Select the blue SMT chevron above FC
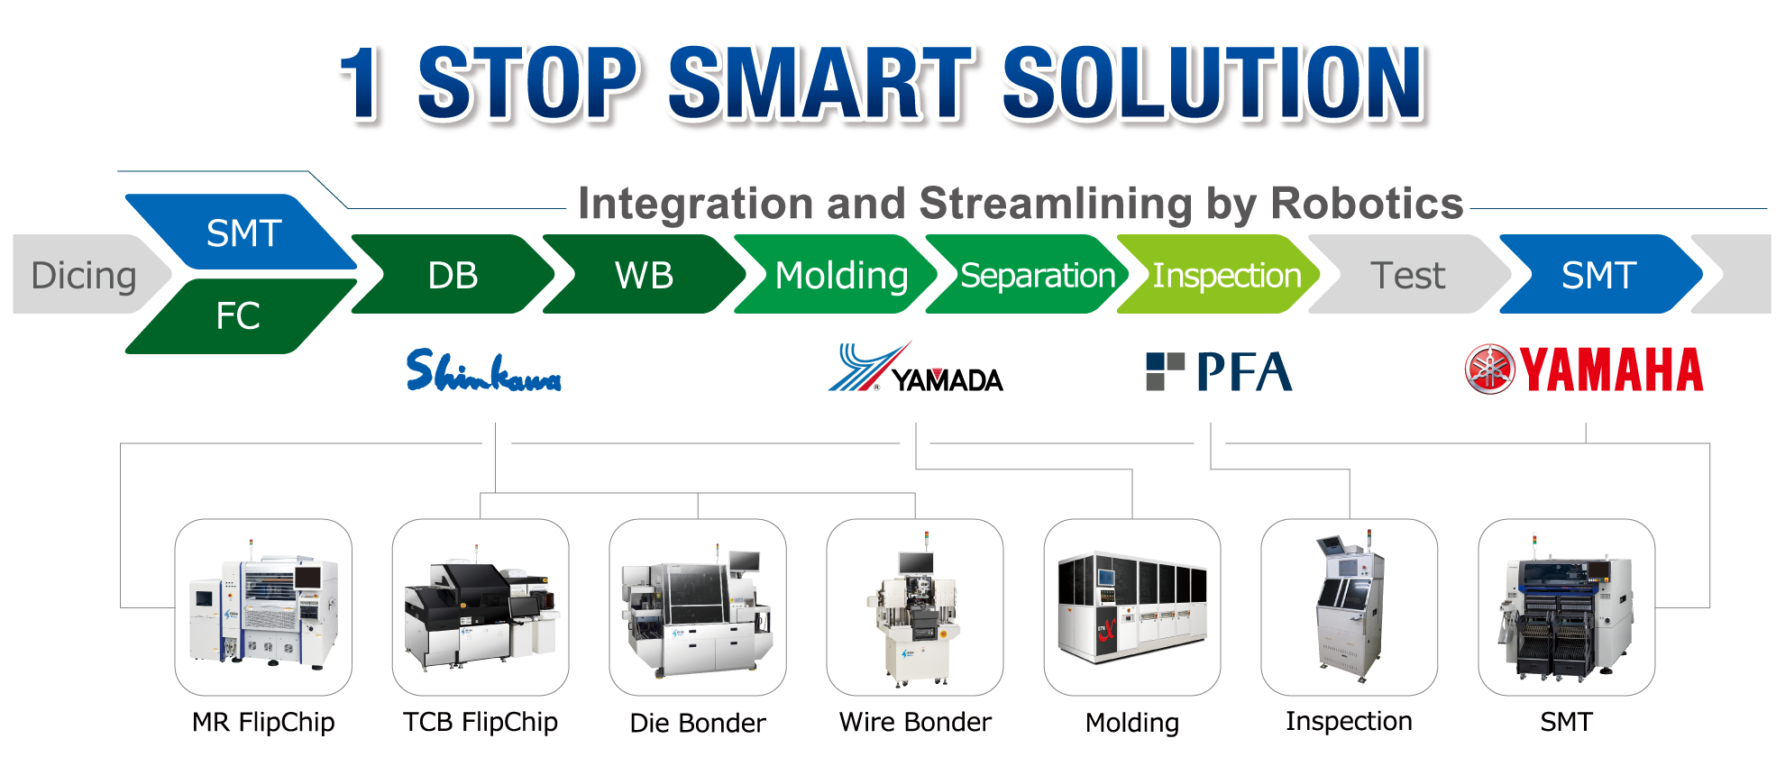coord(242,232)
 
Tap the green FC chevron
coord(240,315)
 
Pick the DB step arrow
coord(453,274)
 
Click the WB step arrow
coord(644,274)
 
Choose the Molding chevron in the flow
coord(837,274)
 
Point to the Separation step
coord(1028,274)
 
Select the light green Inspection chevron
coord(1219,274)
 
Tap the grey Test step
coord(1409,274)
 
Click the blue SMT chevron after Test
coord(1600,274)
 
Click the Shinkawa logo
coord(483,370)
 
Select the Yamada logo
coord(915,368)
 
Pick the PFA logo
coord(1219,371)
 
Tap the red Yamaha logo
coord(1584,369)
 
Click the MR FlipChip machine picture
coord(263,606)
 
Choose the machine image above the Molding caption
coord(1132,606)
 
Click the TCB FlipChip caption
coord(481,722)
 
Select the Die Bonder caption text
coord(698,723)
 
